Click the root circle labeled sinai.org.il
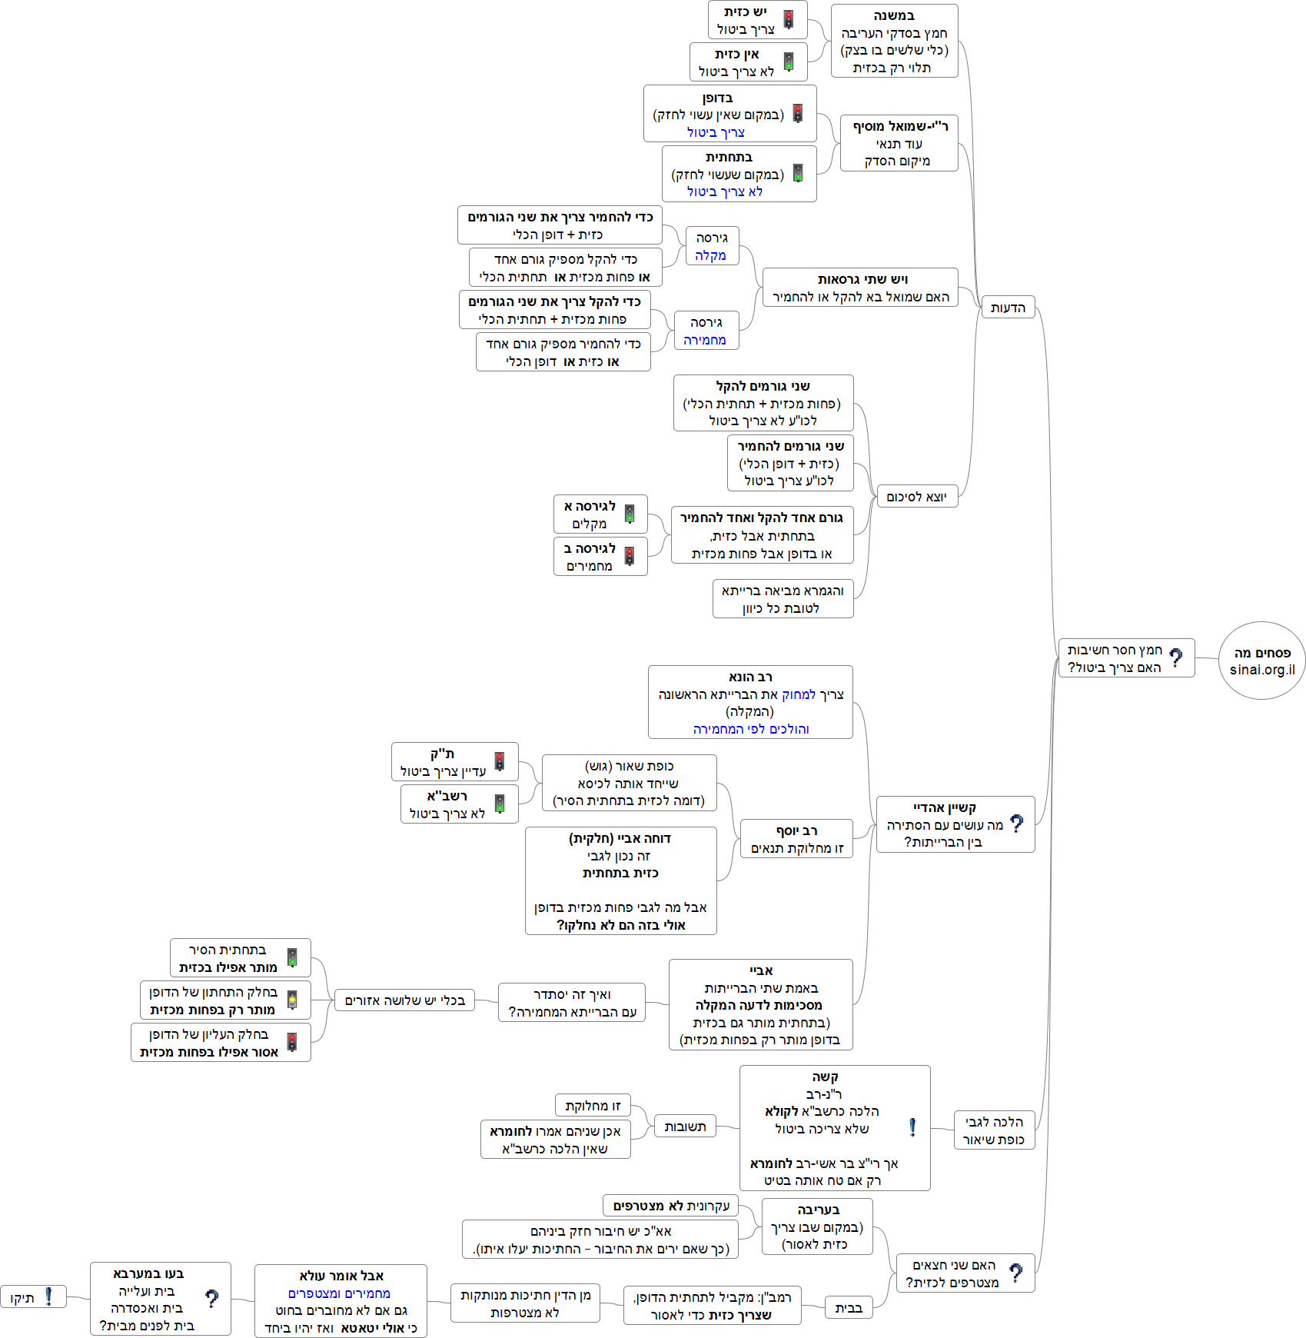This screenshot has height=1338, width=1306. tap(1261, 661)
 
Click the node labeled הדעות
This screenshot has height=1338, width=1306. tap(1008, 308)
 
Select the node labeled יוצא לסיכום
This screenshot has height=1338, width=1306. tap(916, 497)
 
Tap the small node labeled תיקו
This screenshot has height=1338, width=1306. tap(22, 1298)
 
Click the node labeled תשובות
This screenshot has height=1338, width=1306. tap(685, 1127)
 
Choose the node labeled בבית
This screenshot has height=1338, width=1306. tap(849, 1308)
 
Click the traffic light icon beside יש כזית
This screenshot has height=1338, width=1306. tap(788, 19)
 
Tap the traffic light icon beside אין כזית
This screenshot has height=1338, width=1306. tap(788, 62)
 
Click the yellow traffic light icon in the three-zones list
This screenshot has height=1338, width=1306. tap(292, 1000)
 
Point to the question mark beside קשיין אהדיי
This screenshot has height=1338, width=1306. tap(1017, 824)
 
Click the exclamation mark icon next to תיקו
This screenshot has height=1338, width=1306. tap(48, 1296)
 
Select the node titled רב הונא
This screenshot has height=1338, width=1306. tap(750, 702)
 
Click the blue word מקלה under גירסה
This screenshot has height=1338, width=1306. tap(710, 255)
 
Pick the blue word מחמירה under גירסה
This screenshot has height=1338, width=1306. tap(705, 340)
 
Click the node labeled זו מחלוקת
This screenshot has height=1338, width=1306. tap(593, 1106)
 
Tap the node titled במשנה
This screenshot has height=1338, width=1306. tap(894, 42)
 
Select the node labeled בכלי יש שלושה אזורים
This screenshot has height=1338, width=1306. tap(404, 1000)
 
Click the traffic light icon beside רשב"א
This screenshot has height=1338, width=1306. tap(500, 804)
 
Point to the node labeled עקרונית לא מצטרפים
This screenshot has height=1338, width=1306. tap(671, 1205)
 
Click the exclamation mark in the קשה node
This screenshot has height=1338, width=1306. tap(912, 1127)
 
